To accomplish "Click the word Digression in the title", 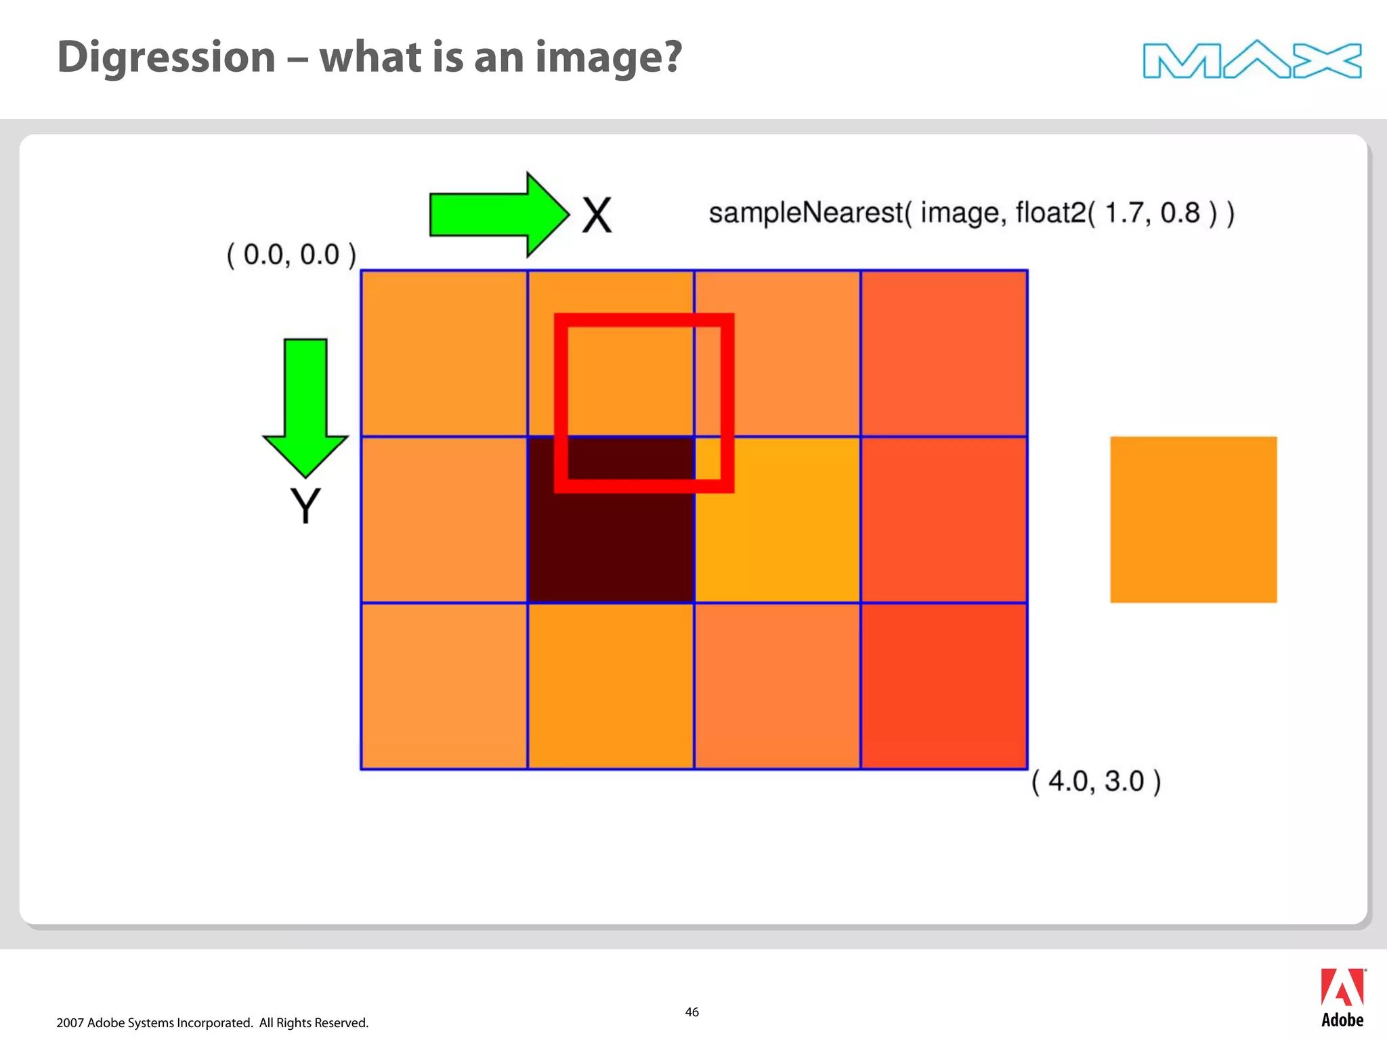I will point(167,58).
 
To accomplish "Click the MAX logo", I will point(1252,60).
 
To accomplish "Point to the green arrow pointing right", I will point(498,215).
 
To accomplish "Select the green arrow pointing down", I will point(305,406).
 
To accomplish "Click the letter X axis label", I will point(597,216).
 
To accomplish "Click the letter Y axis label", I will point(305,506).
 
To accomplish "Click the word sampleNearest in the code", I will point(806,213).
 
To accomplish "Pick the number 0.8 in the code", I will point(1180,213).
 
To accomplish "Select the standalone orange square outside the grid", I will point(1193,519).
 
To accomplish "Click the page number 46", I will point(691,1012).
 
